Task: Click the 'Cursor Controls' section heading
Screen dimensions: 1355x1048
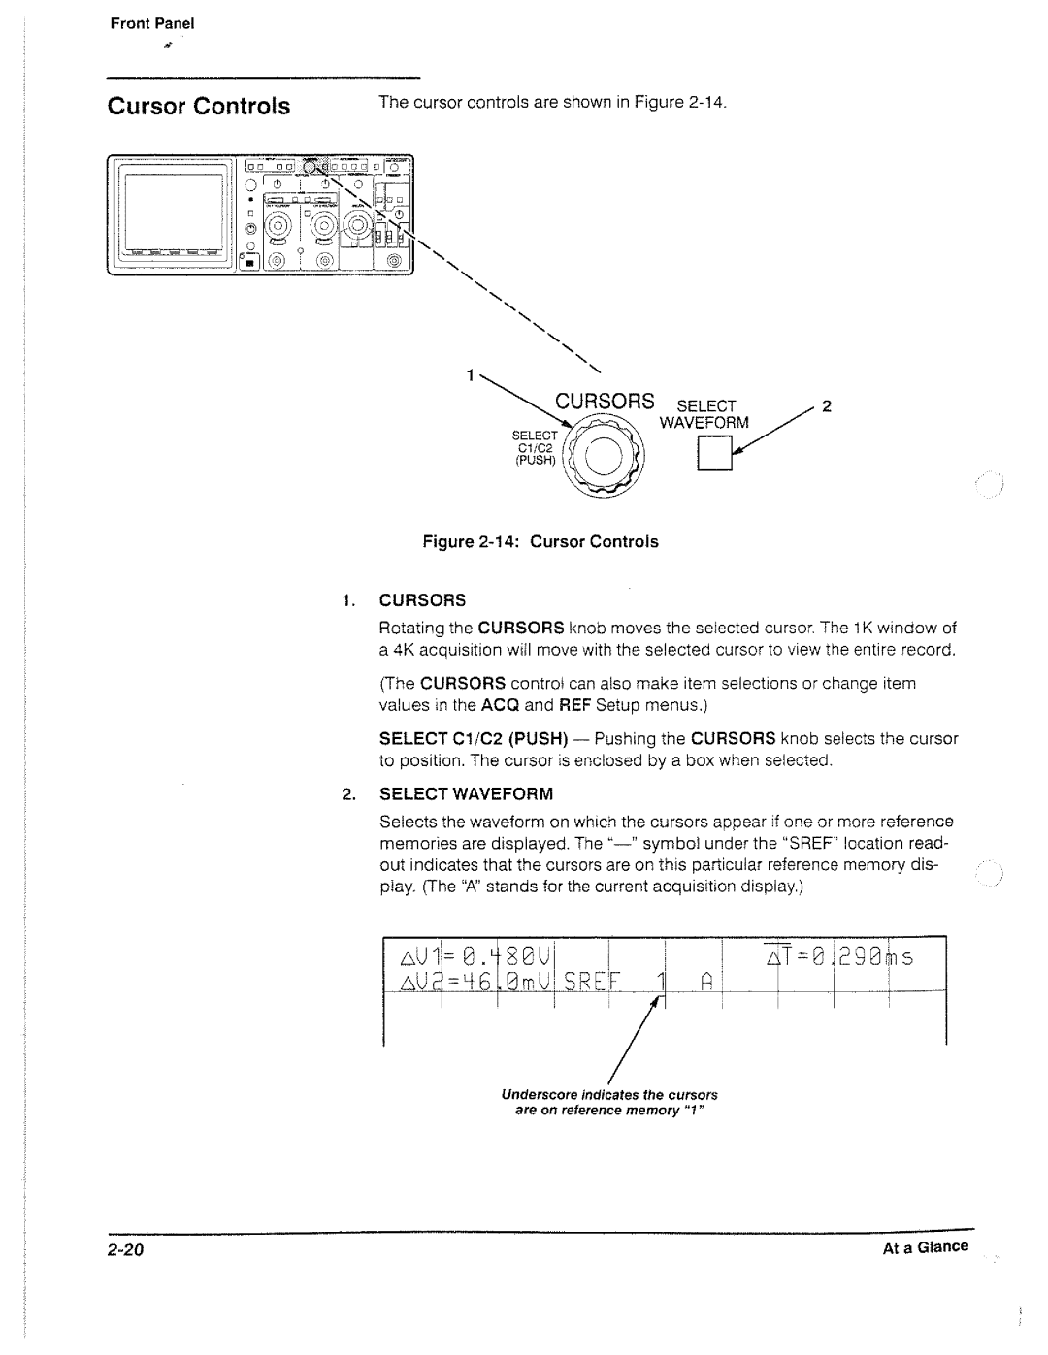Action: pyautogui.click(x=198, y=107)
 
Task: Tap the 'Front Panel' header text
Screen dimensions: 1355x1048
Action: pyautogui.click(x=152, y=24)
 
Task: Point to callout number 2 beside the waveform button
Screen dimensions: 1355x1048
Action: pyautogui.click(x=827, y=406)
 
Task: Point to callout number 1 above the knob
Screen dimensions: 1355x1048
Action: pyautogui.click(x=470, y=374)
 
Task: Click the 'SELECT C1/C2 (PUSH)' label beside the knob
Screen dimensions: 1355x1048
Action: pyautogui.click(x=536, y=448)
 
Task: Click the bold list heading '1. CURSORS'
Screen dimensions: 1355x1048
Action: pyautogui.click(x=403, y=600)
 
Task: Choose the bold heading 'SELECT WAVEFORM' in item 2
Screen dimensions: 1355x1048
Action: pyautogui.click(x=465, y=794)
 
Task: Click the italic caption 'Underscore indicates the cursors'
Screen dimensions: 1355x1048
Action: pyautogui.click(x=608, y=1094)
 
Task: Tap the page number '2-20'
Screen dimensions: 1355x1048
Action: pyautogui.click(x=126, y=1250)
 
